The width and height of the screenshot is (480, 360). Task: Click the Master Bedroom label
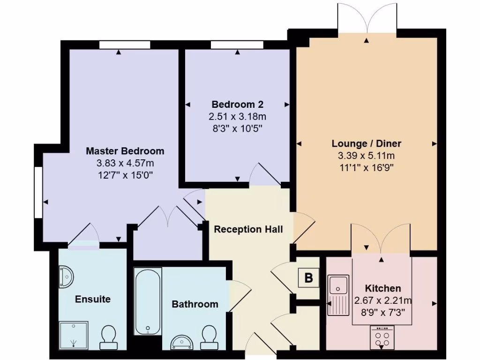pos(125,151)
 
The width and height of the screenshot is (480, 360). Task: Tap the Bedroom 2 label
pos(238,104)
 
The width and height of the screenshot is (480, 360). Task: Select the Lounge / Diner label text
pos(367,143)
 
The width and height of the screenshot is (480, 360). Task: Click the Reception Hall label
pos(248,229)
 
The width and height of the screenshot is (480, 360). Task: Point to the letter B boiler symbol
pos(308,277)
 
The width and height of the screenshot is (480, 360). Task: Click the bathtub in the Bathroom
pos(148,301)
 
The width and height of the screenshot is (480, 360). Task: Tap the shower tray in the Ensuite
pos(74,335)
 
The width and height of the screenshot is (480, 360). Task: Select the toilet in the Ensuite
pos(109,337)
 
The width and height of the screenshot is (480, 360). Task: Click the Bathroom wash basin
pos(182,342)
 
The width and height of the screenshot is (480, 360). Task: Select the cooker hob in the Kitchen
pos(382,337)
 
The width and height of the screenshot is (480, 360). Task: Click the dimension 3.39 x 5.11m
pos(367,156)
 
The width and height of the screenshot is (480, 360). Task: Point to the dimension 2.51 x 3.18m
pos(238,116)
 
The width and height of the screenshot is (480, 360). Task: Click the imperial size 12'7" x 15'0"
pos(125,175)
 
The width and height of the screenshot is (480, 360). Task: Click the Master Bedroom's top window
pos(125,45)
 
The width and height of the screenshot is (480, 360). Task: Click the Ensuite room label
pos(93,299)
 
